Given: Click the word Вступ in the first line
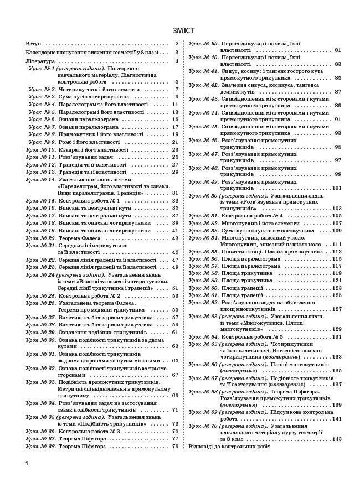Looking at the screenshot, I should point(33,44).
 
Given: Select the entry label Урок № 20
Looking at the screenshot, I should point(42,238).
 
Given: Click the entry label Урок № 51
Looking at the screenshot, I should point(203,216).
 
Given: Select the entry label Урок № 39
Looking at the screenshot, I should point(203,43).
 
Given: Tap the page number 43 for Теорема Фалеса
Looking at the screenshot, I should point(175,238).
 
